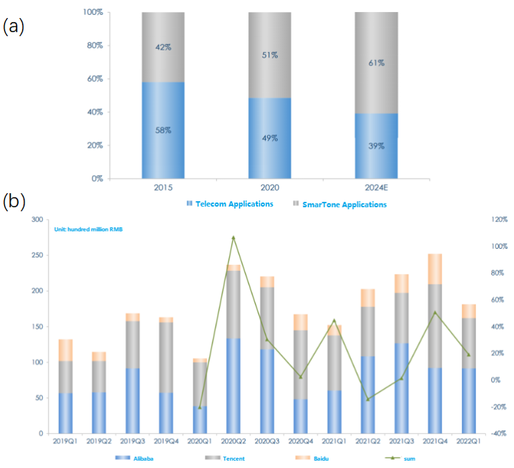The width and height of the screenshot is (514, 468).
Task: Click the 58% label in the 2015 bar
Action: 163,129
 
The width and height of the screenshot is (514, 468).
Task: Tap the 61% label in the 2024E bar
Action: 375,63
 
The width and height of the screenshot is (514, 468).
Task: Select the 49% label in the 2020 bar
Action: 269,139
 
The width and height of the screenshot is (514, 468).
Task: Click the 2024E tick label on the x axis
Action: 375,189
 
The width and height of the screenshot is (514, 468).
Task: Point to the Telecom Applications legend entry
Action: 231,204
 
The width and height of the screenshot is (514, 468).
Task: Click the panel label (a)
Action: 13,27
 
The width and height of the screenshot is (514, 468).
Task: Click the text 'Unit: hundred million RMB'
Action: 88,229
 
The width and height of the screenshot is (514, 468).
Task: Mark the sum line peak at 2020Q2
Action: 234,237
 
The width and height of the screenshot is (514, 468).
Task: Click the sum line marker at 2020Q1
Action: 199,407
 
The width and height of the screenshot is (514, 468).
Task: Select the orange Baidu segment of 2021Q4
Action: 435,269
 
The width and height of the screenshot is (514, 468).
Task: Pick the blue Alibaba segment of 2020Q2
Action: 234,386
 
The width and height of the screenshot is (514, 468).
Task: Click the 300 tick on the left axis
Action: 36,220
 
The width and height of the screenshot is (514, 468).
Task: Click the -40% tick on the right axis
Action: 498,434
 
